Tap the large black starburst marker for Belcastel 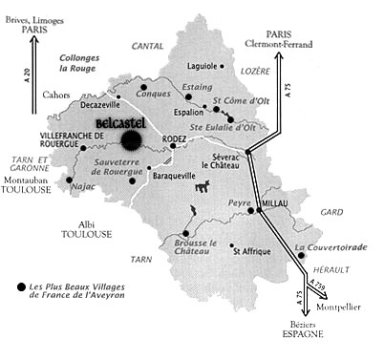click(132, 140)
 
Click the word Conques click(153, 94)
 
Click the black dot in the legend click(21, 286)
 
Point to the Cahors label click(55, 94)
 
